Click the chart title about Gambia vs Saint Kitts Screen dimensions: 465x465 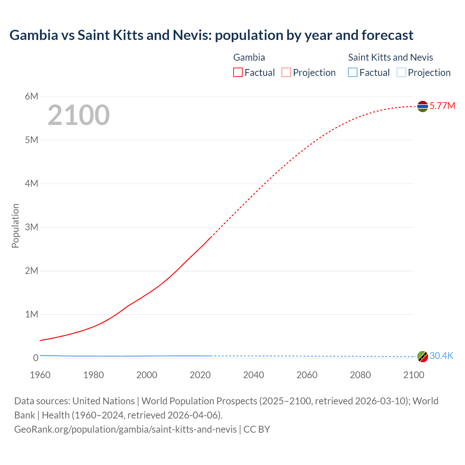(211, 35)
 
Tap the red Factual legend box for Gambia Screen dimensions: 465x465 (238, 73)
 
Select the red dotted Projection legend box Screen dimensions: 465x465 (286, 73)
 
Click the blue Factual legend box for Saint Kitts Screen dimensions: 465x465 (353, 73)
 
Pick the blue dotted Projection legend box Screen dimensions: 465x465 (401, 73)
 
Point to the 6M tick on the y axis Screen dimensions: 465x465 (32, 96)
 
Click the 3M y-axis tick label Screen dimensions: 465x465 (32, 227)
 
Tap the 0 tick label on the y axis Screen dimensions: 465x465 (36, 358)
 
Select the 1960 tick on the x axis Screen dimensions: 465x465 (40, 375)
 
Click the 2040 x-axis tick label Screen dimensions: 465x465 (254, 375)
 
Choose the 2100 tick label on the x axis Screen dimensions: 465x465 (413, 375)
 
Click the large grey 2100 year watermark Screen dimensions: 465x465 (78, 115)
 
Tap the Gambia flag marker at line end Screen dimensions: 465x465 (422, 106)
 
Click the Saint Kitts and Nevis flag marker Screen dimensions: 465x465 (422, 356)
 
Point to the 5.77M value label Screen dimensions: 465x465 (442, 106)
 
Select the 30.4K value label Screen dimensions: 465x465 (441, 356)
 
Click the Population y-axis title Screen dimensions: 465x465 (15, 226)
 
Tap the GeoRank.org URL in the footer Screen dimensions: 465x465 (125, 429)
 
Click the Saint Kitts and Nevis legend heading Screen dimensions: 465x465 (391, 57)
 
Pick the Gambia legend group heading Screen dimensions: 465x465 (249, 57)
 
